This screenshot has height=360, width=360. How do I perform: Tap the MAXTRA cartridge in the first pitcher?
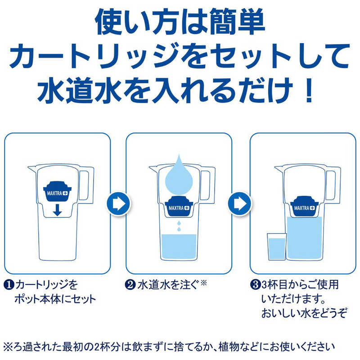point(56,192)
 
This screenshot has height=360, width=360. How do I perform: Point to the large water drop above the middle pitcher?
point(179,175)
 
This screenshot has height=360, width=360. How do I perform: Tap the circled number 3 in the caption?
point(254,285)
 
